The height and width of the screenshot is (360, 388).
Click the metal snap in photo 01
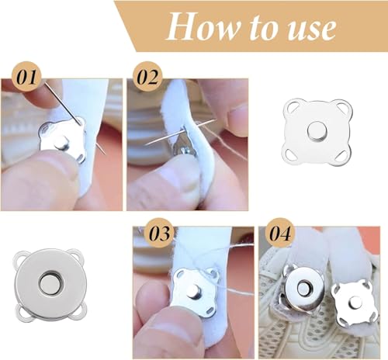point(61,139)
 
